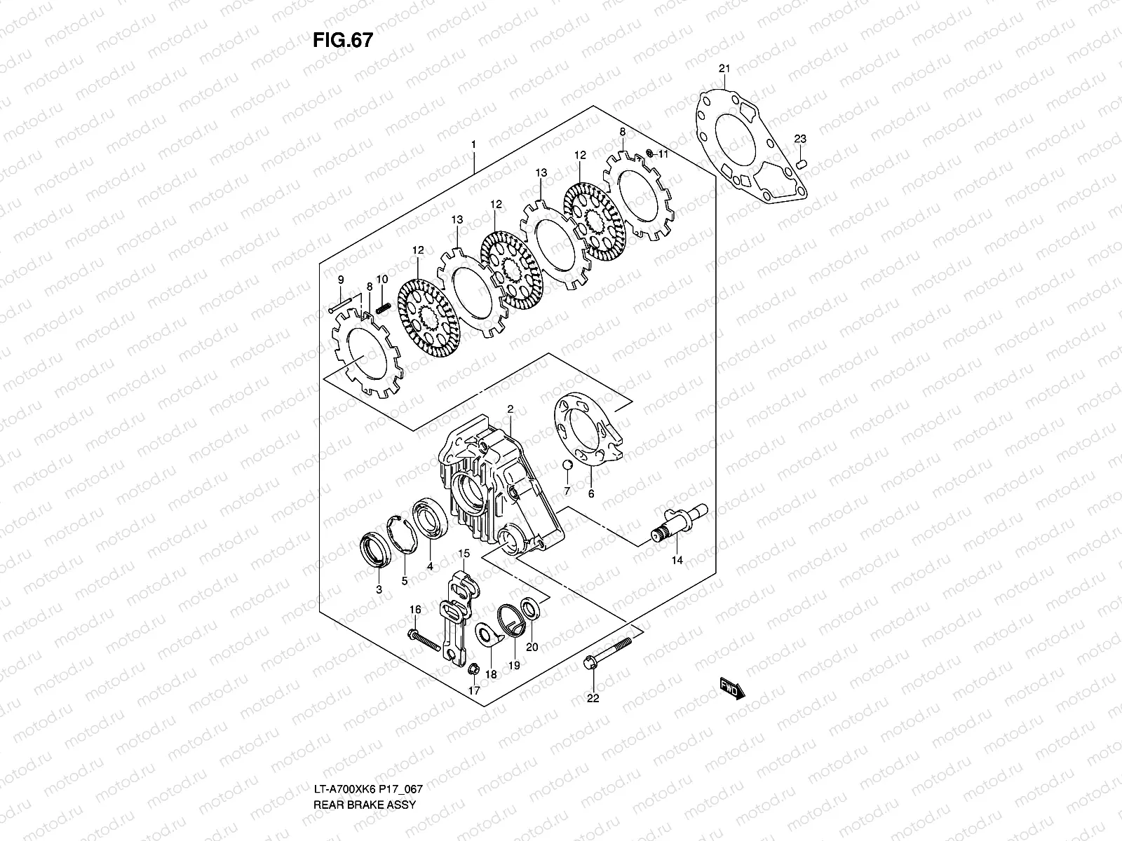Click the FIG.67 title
pyautogui.click(x=342, y=41)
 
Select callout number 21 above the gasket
pyautogui.click(x=724, y=68)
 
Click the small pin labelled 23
pyautogui.click(x=804, y=164)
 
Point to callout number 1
pyautogui.click(x=474, y=145)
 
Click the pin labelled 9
pyautogui.click(x=340, y=306)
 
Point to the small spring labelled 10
pyautogui.click(x=383, y=307)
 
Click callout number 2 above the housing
pyautogui.click(x=511, y=409)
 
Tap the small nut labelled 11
pyautogui.click(x=649, y=153)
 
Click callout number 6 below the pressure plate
pyautogui.click(x=590, y=494)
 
